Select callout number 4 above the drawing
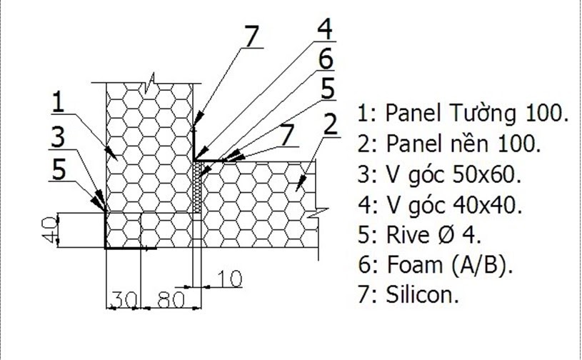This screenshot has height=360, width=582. point(325,30)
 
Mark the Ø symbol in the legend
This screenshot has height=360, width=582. point(457,236)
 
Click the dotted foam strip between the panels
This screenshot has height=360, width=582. point(198,186)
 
